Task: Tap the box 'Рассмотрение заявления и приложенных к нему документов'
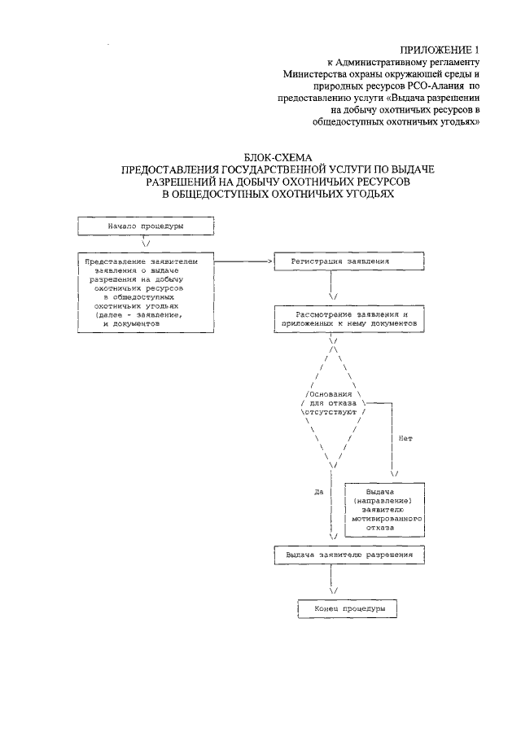[x=348, y=318]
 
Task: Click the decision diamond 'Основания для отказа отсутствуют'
[x=333, y=403]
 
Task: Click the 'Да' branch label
[x=319, y=491]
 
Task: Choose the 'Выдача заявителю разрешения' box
[x=349, y=555]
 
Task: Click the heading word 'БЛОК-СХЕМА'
[x=278, y=156]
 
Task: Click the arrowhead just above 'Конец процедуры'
[x=333, y=591]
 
